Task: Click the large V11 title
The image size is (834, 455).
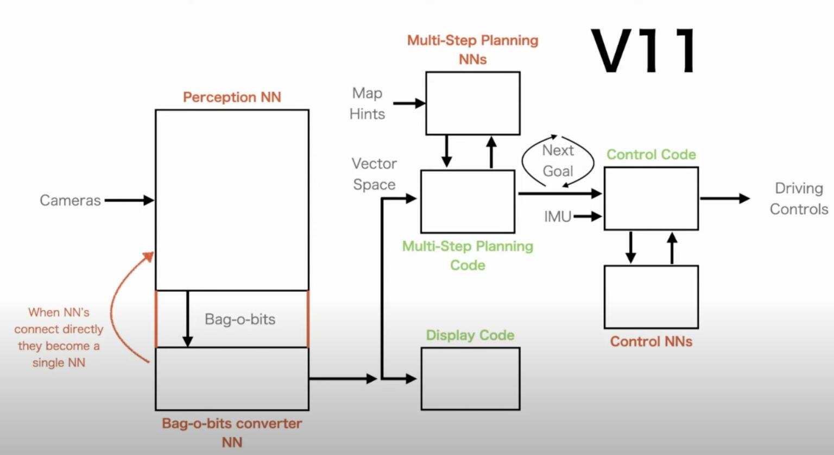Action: tap(644, 51)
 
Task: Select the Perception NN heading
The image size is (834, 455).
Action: tap(232, 97)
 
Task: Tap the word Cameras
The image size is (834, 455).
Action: tap(70, 201)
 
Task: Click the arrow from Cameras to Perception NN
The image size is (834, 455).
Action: tap(129, 201)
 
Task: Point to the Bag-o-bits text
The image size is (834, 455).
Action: tap(240, 319)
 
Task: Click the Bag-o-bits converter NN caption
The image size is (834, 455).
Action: tap(232, 433)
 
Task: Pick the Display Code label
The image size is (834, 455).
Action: tap(470, 335)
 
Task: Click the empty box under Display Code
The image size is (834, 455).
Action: tap(470, 379)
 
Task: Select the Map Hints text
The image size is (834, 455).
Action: tap(367, 103)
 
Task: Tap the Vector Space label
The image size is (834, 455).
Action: tap(374, 174)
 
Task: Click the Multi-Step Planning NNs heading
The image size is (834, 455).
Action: tap(472, 49)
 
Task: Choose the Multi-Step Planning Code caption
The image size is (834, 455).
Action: tap(467, 255)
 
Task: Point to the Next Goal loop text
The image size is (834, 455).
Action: tap(558, 160)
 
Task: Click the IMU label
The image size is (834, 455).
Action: tap(558, 217)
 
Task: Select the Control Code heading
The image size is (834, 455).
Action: tap(651, 154)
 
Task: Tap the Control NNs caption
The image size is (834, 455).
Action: tap(651, 341)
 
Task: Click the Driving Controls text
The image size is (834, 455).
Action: tap(799, 198)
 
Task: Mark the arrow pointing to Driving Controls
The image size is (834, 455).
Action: tap(725, 198)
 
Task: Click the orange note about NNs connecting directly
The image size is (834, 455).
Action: tap(59, 337)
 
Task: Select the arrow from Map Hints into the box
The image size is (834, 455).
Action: tap(409, 103)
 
